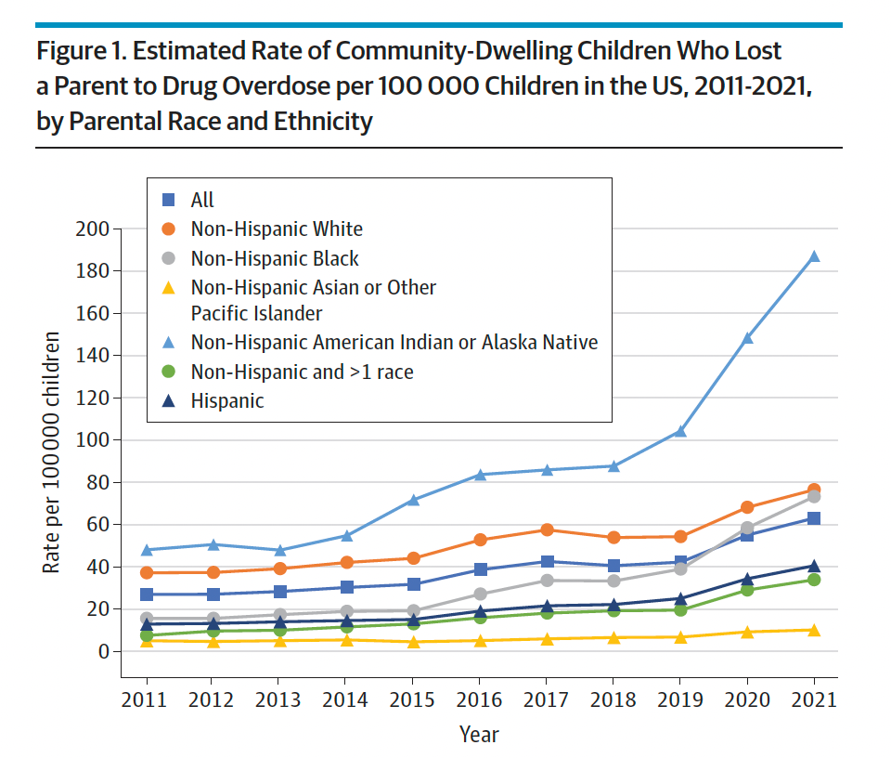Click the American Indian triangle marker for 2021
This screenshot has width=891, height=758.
tap(814, 256)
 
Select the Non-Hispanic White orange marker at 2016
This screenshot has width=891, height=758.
tap(481, 540)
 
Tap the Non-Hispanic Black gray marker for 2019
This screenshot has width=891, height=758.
tap(680, 568)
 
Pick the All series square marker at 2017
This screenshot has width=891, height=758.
tap(548, 562)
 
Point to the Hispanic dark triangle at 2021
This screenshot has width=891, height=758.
tap(814, 566)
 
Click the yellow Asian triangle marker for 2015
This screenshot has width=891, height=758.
tap(414, 642)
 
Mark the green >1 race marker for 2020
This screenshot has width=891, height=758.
tap(747, 590)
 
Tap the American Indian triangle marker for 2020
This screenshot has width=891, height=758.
tap(747, 338)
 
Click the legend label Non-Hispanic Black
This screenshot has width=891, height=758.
tap(275, 258)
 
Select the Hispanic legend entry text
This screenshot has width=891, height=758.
tap(227, 401)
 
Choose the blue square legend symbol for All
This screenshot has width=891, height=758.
tap(168, 200)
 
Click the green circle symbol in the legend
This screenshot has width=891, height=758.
tap(168, 372)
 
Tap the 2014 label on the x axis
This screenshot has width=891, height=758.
tap(347, 699)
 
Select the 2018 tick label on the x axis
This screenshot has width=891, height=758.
tap(613, 699)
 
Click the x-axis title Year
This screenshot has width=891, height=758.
tap(479, 735)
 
